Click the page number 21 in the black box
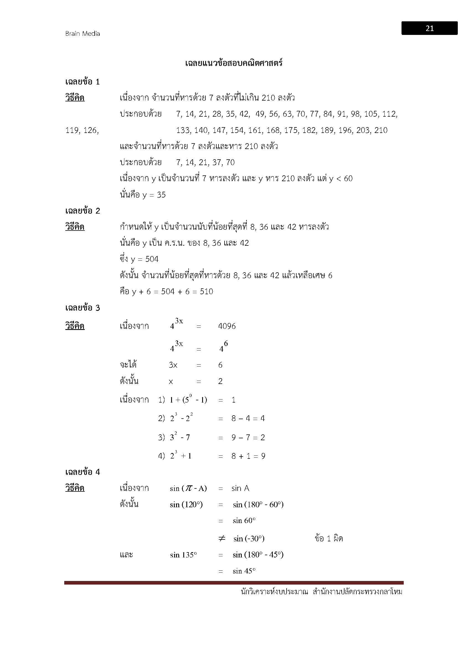[429, 29]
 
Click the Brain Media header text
[83, 34]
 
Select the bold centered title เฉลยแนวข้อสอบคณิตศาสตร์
[234, 63]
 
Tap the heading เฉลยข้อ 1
[83, 82]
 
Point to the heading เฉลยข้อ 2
[83, 211]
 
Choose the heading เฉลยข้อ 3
[83, 308]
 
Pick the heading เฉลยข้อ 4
[83, 472]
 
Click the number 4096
[227, 326]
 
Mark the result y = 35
[154, 195]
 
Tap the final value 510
[206, 291]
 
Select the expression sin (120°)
[186, 504]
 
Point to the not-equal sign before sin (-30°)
[222, 539]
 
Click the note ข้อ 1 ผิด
[329, 539]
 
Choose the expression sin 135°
[183, 555]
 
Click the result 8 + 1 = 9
[248, 456]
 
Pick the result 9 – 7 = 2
[248, 437]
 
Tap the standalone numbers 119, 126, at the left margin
[82, 130]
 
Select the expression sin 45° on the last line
[244, 571]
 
